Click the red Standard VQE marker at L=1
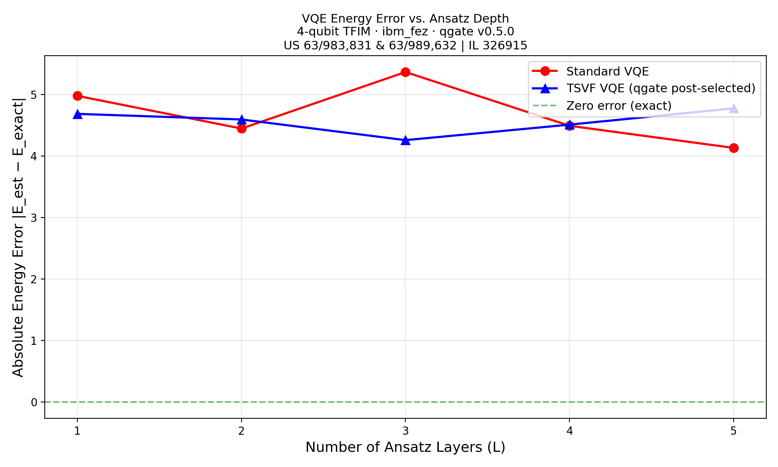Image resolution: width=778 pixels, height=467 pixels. pyautogui.click(x=77, y=96)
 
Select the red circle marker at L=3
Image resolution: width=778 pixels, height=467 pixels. pyautogui.click(x=405, y=72)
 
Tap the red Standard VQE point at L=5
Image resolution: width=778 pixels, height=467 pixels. pyautogui.click(x=734, y=148)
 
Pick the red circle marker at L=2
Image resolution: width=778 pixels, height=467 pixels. pyautogui.click(x=242, y=128)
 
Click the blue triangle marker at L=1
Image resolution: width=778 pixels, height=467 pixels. pyautogui.click(x=77, y=114)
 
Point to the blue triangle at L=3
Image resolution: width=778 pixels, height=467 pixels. pyautogui.click(x=405, y=140)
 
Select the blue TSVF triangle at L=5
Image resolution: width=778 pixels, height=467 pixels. pyautogui.click(x=734, y=109)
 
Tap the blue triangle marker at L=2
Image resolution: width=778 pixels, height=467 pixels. pyautogui.click(x=242, y=119)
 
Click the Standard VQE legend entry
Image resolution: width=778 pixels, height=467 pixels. pyautogui.click(x=607, y=72)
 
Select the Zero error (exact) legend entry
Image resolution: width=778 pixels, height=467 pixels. pyautogui.click(x=619, y=105)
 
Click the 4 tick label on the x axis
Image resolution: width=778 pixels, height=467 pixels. pyautogui.click(x=569, y=431)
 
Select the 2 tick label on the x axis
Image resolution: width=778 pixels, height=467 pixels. pyautogui.click(x=242, y=431)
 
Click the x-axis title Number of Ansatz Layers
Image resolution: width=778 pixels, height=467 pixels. pyautogui.click(x=405, y=448)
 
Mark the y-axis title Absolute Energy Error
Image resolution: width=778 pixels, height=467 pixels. pyautogui.click(x=18, y=237)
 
